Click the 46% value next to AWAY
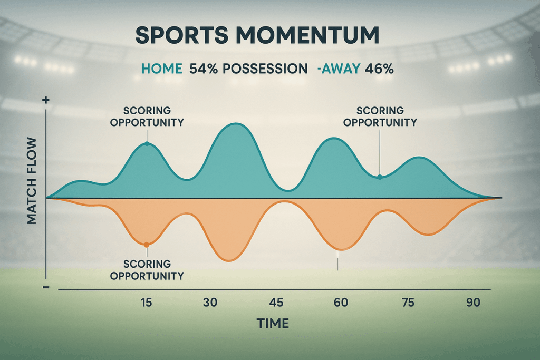coord(380,69)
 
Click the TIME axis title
coord(273,323)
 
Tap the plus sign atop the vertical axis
coord(46,99)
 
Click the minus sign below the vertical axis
coord(46,287)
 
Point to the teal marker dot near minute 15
coord(147,144)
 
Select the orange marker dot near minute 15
coord(147,245)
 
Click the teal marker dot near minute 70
coord(379,177)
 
